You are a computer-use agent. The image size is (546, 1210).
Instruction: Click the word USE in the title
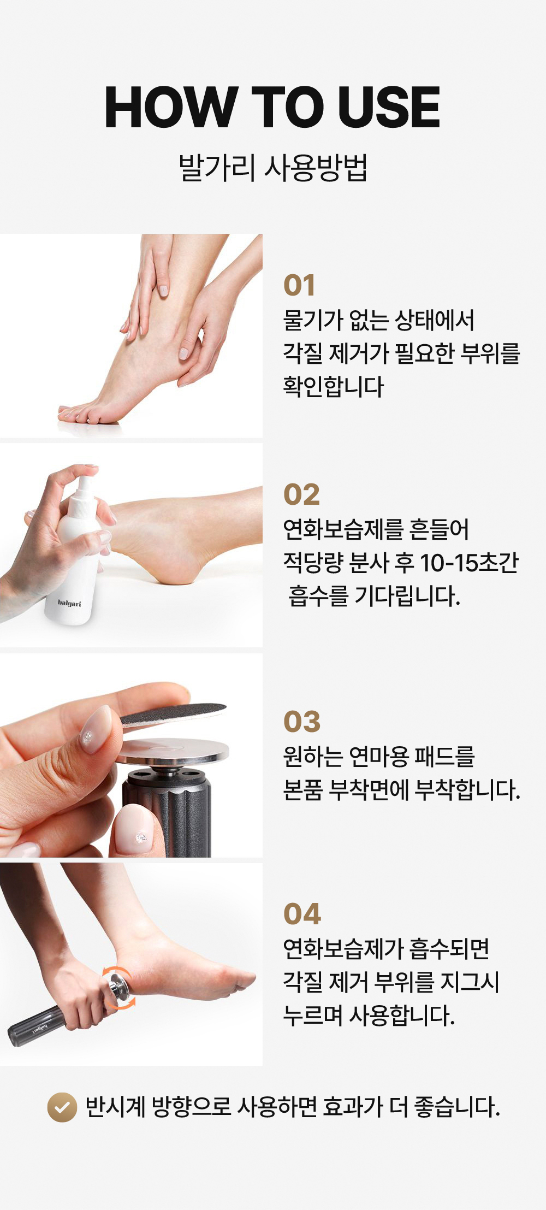coord(389,107)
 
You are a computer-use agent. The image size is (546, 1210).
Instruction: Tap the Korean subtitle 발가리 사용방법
coord(273,168)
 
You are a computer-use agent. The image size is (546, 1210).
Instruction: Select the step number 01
coord(299,285)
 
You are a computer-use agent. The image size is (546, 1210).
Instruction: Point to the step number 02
coord(301,494)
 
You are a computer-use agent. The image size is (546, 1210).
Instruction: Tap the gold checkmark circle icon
coord(62,1107)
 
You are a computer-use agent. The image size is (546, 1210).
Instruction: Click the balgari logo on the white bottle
coord(69,603)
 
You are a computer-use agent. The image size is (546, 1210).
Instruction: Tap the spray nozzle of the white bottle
coord(84,489)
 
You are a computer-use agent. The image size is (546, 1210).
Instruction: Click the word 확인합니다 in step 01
coord(334,386)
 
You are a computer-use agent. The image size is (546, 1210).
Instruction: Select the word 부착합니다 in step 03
coord(468,790)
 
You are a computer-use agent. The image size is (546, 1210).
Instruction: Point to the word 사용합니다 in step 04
coord(402,1016)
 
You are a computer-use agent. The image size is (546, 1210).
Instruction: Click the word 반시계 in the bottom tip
coord(115,1107)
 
